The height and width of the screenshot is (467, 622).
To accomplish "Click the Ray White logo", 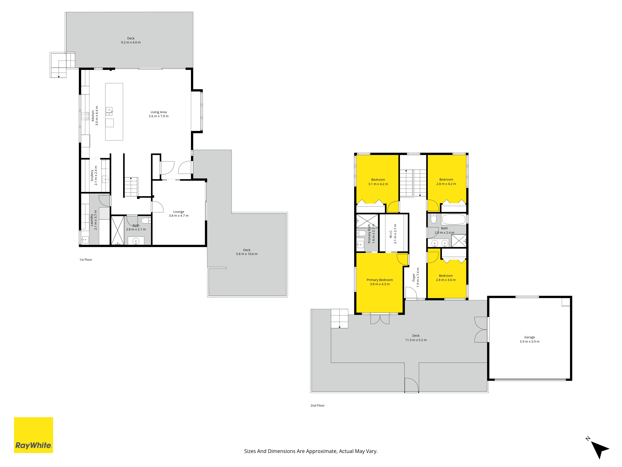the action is [x=33, y=435].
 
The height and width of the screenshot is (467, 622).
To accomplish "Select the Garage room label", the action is [x=529, y=337].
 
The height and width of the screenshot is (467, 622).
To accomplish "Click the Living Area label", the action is [x=159, y=112].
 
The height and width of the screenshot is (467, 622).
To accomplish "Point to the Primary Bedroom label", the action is [x=380, y=280].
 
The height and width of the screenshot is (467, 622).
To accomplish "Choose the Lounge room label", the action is [x=179, y=212].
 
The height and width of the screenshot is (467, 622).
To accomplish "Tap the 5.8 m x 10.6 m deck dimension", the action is [x=247, y=254].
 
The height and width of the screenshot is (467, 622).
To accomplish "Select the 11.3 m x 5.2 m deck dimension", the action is [x=416, y=340].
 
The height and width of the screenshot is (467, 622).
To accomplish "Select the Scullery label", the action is [x=92, y=175].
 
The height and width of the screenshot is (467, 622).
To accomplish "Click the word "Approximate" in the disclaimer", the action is [x=321, y=451].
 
